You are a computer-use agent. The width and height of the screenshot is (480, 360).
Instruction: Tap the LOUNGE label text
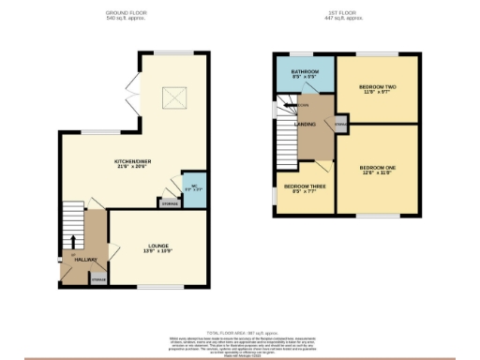[157, 246]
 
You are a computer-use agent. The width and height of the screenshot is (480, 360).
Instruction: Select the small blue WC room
[193, 187]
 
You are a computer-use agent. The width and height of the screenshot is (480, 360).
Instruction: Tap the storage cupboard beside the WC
[169, 202]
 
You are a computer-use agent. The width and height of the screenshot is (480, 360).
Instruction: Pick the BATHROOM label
[304, 71]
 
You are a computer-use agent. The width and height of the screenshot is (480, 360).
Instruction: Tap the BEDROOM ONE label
[378, 167]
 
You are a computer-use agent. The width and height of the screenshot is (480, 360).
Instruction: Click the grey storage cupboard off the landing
[340, 123]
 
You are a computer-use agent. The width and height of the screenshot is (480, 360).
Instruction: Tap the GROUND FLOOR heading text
[125, 13]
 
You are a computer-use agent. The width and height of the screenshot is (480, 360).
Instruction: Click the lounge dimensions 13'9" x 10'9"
[157, 250]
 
